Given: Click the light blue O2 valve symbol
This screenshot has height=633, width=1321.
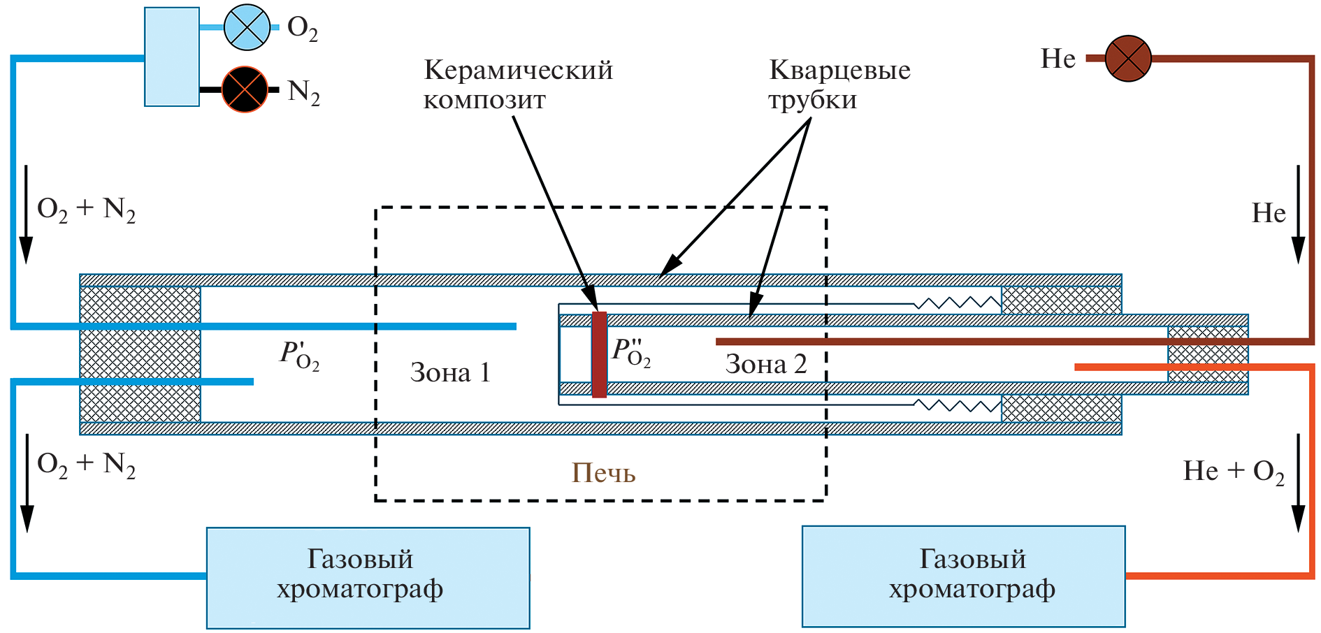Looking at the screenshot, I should [x=247, y=27].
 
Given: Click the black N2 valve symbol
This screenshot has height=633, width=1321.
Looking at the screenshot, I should [x=245, y=89].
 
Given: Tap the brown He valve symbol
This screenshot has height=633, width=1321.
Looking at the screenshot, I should [x=1127, y=59].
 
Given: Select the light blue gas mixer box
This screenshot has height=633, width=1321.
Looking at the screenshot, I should [x=172, y=57].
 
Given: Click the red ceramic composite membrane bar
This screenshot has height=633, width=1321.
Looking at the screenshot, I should [x=599, y=354].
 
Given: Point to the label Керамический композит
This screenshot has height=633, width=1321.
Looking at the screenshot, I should [x=518, y=85].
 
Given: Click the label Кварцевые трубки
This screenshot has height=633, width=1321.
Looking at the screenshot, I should [x=839, y=85].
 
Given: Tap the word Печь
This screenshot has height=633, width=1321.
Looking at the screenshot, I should [x=603, y=473].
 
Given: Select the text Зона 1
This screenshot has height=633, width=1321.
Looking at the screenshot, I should [x=450, y=372].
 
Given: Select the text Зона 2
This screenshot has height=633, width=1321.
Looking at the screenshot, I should [x=766, y=364].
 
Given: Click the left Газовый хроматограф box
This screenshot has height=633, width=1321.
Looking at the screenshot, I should [x=368, y=578].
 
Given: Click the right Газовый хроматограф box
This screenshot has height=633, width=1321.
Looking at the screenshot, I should [x=963, y=576].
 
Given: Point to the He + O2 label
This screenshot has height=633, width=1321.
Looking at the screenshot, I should [x=1234, y=472].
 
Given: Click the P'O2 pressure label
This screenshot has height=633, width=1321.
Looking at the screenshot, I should [x=300, y=355].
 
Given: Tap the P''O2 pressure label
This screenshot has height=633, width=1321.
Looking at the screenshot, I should [x=631, y=351].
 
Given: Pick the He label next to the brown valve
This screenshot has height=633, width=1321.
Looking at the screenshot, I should [x=1057, y=59].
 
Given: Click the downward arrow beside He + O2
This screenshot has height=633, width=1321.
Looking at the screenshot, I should [x=1298, y=482].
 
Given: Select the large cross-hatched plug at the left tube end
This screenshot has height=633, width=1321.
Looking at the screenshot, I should [x=140, y=354].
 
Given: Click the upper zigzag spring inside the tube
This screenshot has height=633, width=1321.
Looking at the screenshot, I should [x=958, y=303].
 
